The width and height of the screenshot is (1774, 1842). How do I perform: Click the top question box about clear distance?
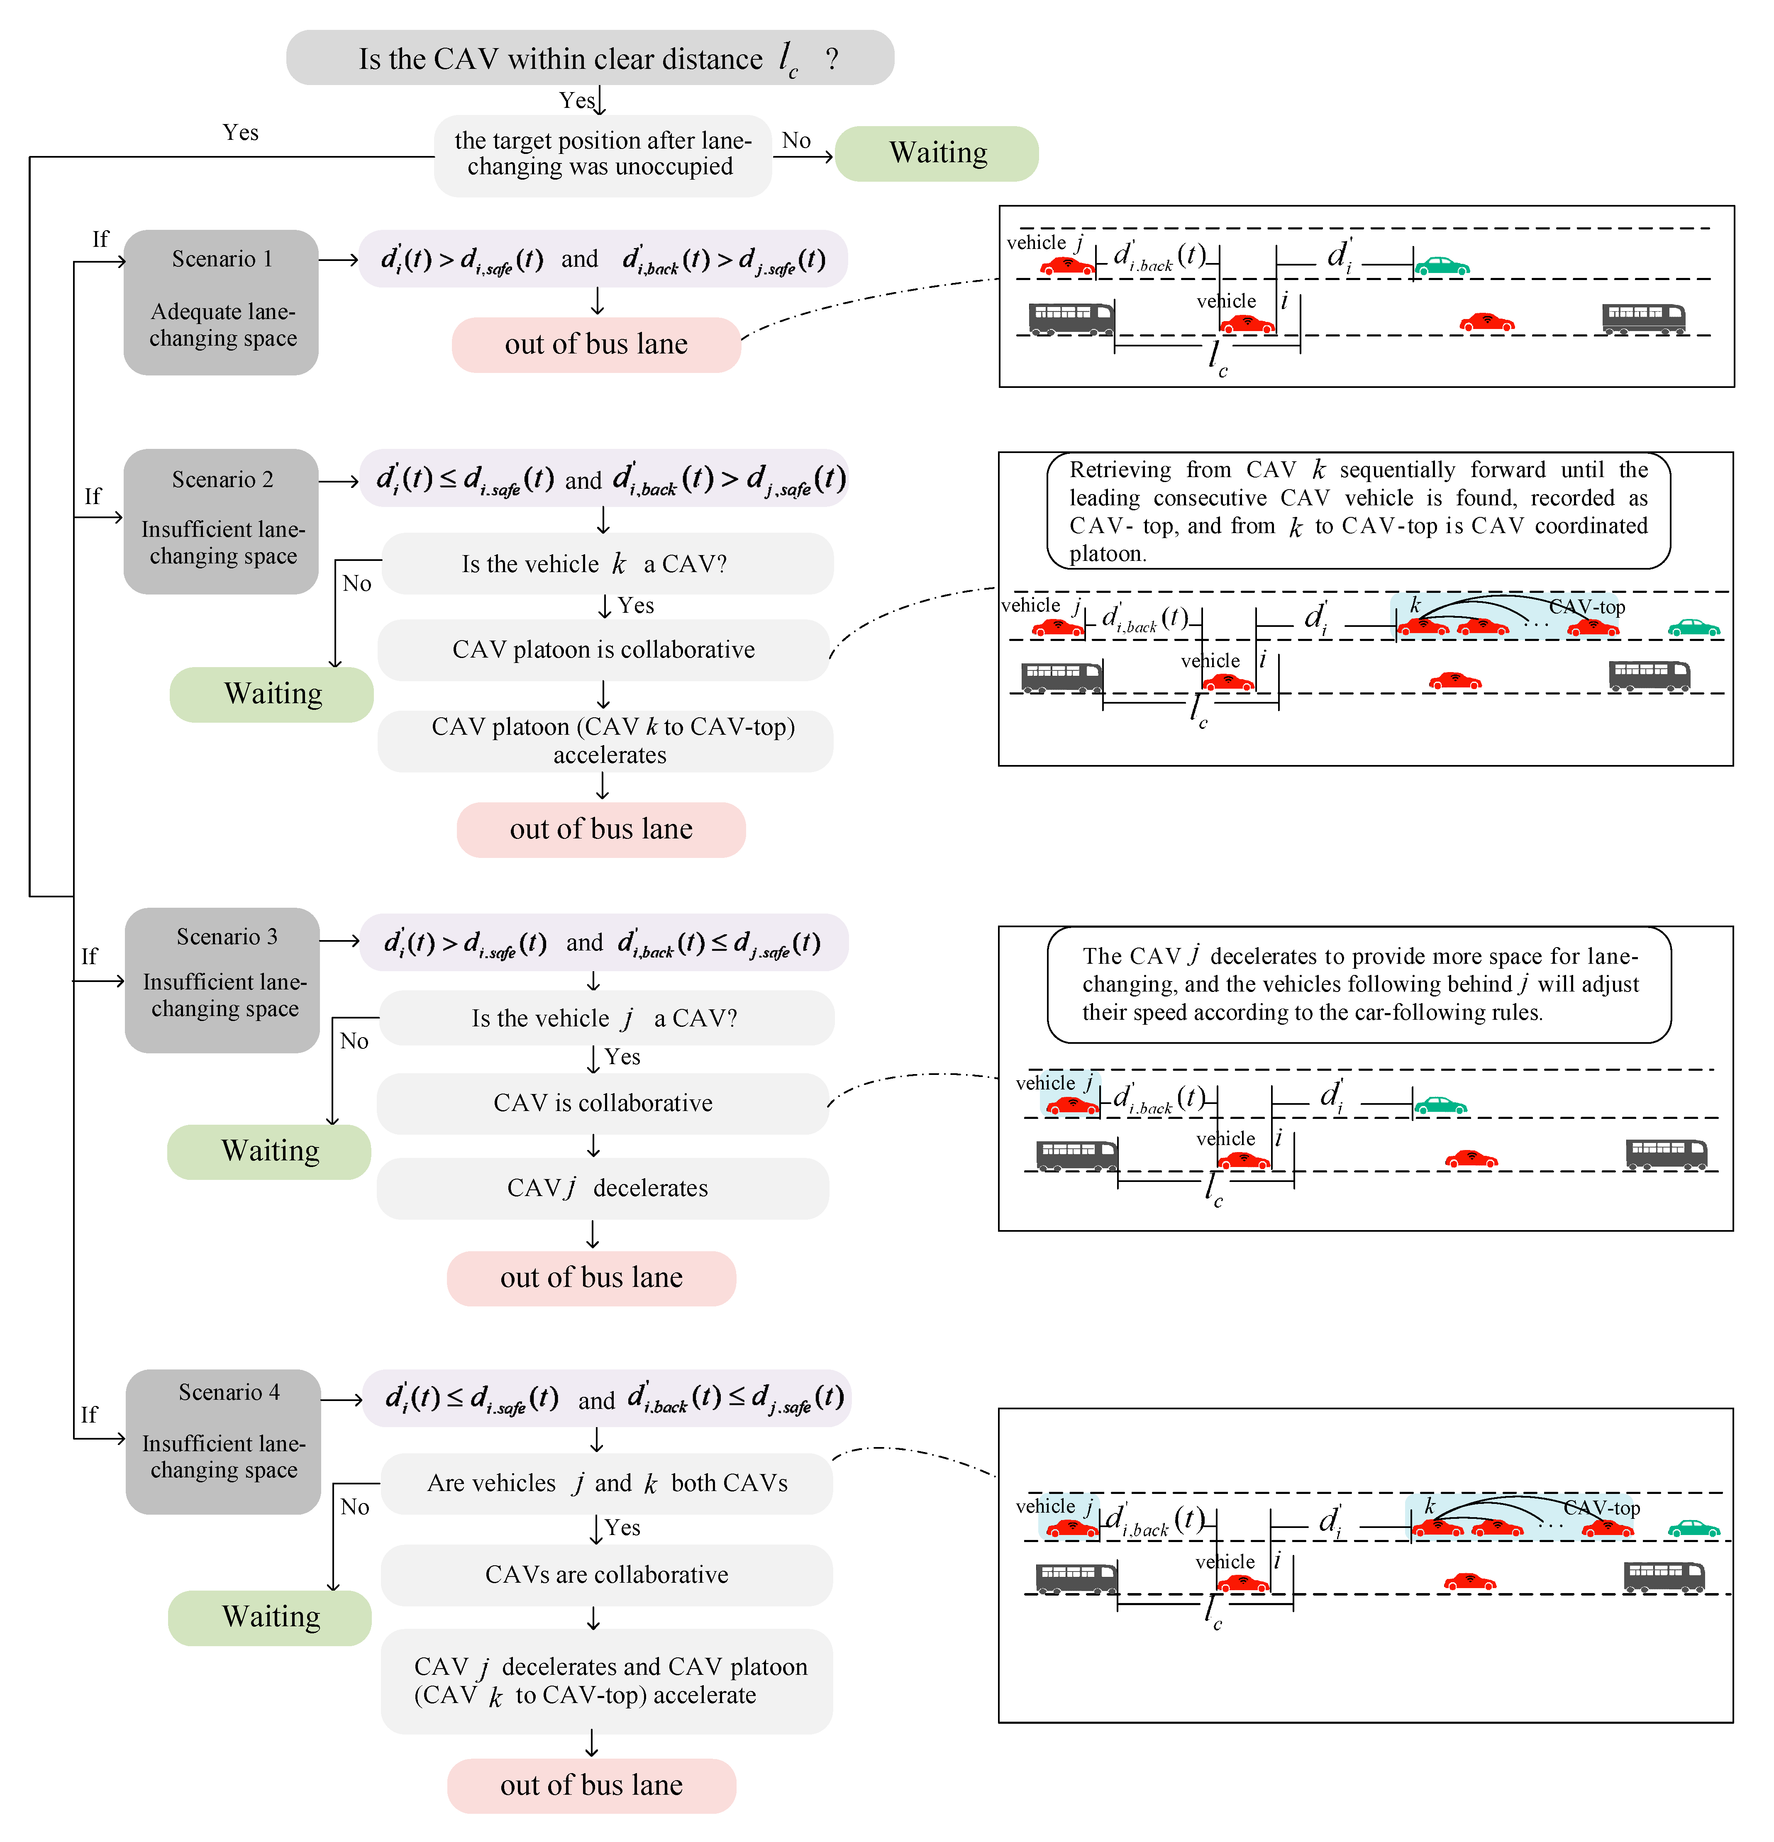(x=589, y=58)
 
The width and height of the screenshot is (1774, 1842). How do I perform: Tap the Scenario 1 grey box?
(x=221, y=302)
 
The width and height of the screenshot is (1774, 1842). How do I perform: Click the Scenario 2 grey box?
(x=221, y=521)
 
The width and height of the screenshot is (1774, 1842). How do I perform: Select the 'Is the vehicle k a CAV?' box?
(x=606, y=564)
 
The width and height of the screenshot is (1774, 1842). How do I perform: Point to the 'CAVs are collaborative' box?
(x=606, y=1575)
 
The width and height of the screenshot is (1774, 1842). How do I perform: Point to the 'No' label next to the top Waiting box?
(x=796, y=141)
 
